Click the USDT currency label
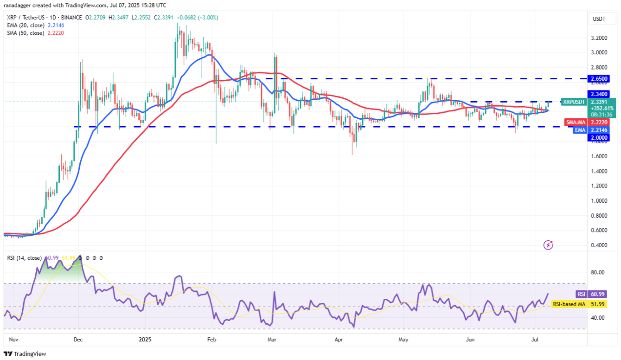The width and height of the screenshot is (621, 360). point(598,19)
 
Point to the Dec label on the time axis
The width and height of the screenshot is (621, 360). point(78,339)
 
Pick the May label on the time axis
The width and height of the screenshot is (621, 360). point(403,339)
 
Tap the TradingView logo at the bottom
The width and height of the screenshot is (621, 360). point(25,354)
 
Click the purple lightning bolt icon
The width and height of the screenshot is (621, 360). point(549,244)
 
